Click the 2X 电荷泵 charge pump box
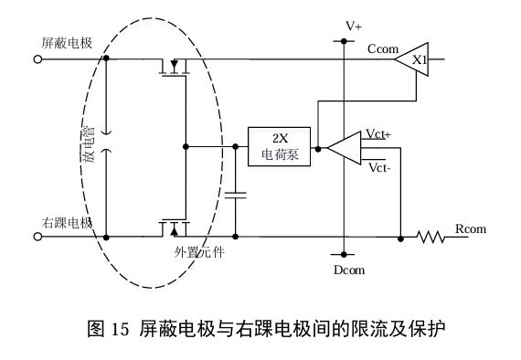pyautogui.click(x=279, y=146)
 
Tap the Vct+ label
pyautogui.click(x=378, y=133)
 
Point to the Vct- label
pyautogui.click(x=379, y=167)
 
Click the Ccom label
pyautogui.click(x=383, y=48)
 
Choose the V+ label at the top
pyautogui.click(x=354, y=26)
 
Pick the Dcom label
pyautogui.click(x=349, y=270)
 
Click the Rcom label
pyautogui.click(x=471, y=228)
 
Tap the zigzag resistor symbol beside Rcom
pyautogui.click(x=431, y=238)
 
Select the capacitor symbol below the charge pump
pyautogui.click(x=236, y=195)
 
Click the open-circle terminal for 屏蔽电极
pyautogui.click(x=37, y=59)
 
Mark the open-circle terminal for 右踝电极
pyautogui.click(x=37, y=237)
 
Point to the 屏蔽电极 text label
pyautogui.click(x=67, y=43)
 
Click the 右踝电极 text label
pyautogui.click(x=67, y=223)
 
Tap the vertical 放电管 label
pyautogui.click(x=89, y=144)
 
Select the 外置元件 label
pyautogui.click(x=199, y=253)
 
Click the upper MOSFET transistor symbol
pyautogui.click(x=174, y=68)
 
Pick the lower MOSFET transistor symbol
pyautogui.click(x=174, y=228)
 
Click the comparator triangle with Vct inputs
pyautogui.click(x=345, y=148)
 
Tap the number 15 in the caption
pyautogui.click(x=120, y=329)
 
